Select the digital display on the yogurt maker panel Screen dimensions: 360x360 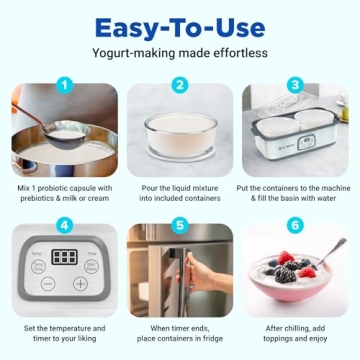[x=64, y=257]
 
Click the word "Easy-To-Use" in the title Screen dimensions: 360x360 [x=180, y=25]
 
